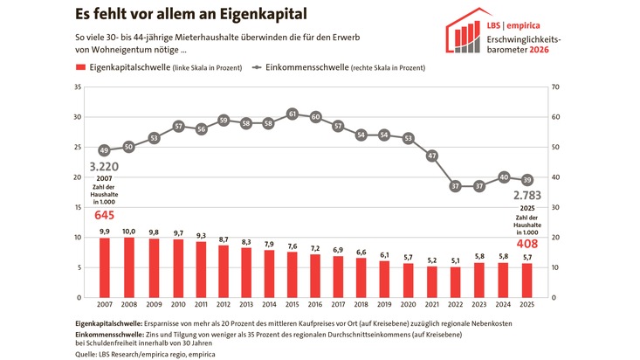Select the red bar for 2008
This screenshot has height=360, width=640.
tap(129, 267)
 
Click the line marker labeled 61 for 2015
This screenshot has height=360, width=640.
tap(292, 114)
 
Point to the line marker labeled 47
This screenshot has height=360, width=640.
tap(431, 156)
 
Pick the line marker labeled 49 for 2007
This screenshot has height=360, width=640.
tap(104, 149)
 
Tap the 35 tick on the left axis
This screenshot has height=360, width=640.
tap(78, 87)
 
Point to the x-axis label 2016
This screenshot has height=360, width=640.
tap(315, 306)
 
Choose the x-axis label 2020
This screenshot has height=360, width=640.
tap(408, 306)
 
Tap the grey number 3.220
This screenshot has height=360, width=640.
tap(104, 165)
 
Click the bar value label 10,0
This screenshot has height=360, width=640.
tap(129, 231)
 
